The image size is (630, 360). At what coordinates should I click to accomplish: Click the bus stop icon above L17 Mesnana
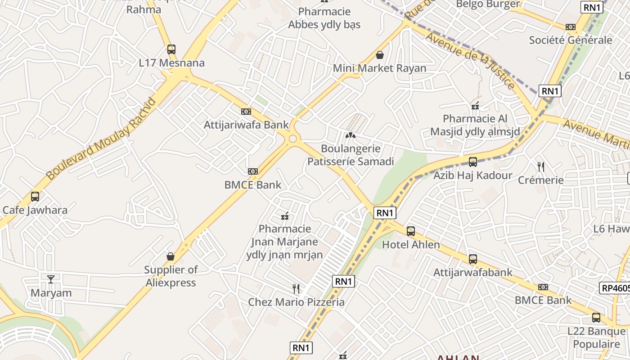[171, 49]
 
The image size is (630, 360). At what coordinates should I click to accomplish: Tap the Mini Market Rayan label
[379, 68]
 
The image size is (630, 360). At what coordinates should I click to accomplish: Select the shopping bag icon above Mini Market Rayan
[380, 55]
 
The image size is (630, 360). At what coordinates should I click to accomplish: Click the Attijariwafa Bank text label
[246, 125]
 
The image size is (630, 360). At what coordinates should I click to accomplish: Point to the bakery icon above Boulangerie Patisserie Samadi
[350, 135]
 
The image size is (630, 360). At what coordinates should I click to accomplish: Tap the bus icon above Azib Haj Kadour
[472, 162]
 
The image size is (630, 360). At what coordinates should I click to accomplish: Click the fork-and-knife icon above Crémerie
[541, 167]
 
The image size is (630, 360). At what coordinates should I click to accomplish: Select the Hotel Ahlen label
[411, 245]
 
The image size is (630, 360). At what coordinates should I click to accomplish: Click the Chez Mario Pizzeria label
[296, 302]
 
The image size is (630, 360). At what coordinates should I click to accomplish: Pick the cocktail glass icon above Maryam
[51, 279]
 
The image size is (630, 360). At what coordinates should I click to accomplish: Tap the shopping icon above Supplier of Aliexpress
[171, 256]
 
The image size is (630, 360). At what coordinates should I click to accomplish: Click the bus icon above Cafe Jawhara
[35, 197]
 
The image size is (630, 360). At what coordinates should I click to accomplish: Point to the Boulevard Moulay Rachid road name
[101, 139]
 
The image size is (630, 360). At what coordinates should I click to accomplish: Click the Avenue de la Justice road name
[470, 60]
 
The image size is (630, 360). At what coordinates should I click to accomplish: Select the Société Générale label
[571, 40]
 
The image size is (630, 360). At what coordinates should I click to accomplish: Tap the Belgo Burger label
[488, 4]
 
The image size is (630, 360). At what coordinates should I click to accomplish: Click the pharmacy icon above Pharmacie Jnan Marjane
[284, 216]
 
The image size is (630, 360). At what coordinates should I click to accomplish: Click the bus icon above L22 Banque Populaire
[596, 318]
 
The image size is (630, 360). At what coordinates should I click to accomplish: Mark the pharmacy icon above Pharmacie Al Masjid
[475, 106]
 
